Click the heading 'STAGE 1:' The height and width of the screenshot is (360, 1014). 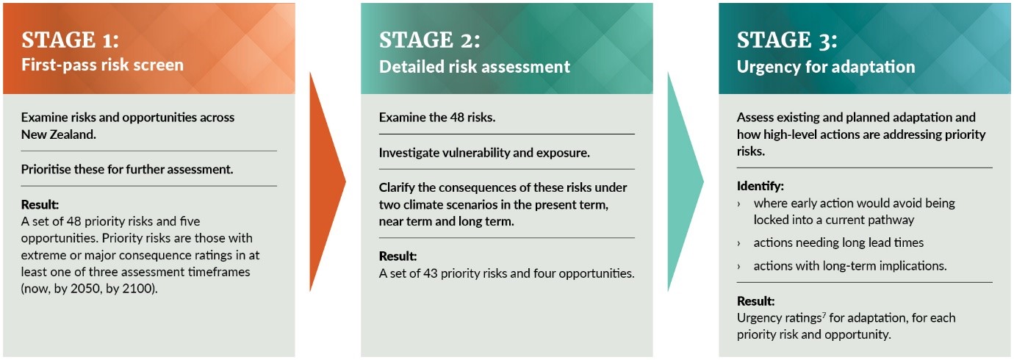(x=70, y=40)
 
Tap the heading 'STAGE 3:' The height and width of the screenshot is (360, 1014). (x=786, y=40)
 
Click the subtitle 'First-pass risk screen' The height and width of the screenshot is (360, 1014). (x=102, y=65)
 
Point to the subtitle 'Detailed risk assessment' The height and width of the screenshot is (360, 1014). (x=474, y=67)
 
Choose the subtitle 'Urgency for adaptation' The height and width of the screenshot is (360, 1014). (x=826, y=67)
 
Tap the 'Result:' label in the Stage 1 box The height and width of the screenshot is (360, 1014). (x=40, y=204)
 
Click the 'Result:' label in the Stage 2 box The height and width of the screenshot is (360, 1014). (x=398, y=256)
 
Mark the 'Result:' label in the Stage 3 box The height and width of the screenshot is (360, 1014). (x=755, y=301)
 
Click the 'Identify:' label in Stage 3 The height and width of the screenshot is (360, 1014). (x=760, y=187)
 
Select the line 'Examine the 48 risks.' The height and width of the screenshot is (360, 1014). (x=435, y=118)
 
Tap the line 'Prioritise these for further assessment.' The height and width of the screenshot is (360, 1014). (x=127, y=169)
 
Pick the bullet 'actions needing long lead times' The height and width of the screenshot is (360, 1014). (x=838, y=242)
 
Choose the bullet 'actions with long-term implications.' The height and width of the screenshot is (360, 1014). (x=850, y=266)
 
